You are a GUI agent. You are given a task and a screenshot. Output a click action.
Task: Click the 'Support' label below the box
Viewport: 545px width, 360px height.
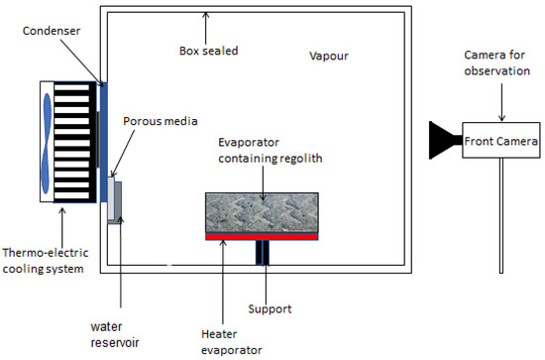tap(272, 308)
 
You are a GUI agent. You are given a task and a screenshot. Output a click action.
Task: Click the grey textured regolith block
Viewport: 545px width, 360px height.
tap(262, 211)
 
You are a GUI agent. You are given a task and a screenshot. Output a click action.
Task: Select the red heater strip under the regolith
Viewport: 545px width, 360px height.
tap(262, 237)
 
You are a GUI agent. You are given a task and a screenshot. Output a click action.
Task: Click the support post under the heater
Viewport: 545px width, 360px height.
tap(262, 253)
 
